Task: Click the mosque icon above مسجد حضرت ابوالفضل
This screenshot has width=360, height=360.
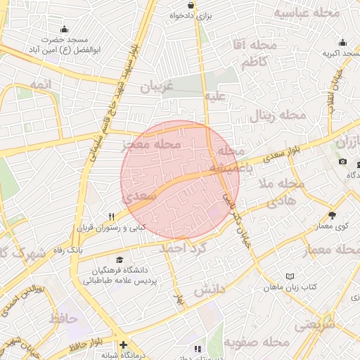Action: [x=65, y=29]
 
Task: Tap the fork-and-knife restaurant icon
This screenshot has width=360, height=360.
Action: [x=111, y=217]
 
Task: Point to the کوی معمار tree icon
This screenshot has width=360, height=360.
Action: [x=333, y=215]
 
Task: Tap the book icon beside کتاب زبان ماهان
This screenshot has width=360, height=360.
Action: [x=290, y=276]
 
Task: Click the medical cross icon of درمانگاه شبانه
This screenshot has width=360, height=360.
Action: [x=124, y=345]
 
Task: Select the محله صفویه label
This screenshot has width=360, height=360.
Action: [x=257, y=342]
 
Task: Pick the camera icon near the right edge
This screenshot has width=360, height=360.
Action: [x=342, y=162]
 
